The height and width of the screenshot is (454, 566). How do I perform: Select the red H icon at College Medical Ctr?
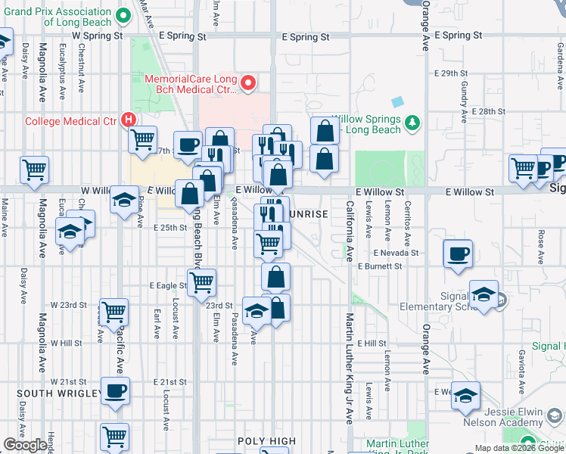click(129, 120)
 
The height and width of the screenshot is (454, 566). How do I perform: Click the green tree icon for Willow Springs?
click(412, 122)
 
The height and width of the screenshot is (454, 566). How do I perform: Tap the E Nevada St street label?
click(395, 253)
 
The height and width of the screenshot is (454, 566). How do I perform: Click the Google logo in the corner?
click(25, 446)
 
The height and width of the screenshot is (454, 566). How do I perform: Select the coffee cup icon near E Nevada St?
click(458, 253)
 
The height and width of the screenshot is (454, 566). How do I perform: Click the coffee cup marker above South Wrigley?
click(115, 392)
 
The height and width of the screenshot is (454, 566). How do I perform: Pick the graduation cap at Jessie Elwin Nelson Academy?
click(467, 396)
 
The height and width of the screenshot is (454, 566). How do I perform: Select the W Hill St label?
click(66, 343)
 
